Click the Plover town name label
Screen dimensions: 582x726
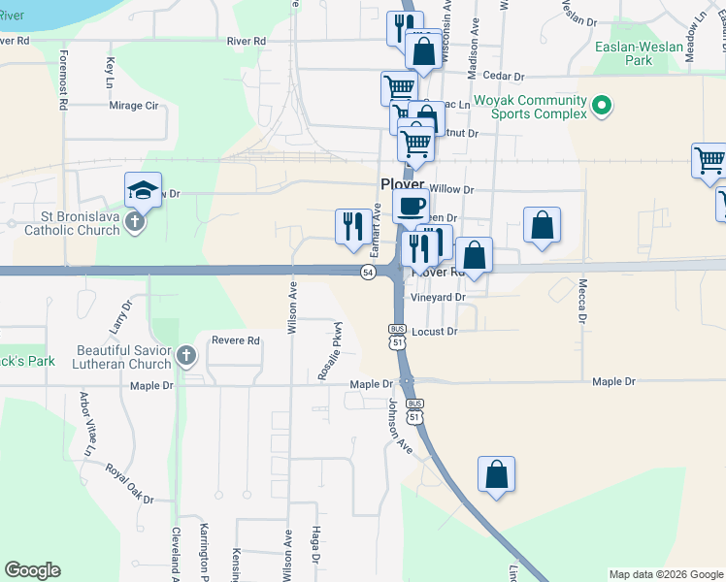click(401, 184)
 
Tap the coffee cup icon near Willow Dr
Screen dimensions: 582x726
click(411, 206)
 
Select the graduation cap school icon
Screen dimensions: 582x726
click(143, 190)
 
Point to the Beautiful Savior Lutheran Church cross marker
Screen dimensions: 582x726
click(186, 356)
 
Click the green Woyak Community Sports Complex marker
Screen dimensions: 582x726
click(602, 107)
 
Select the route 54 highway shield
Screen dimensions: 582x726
click(368, 272)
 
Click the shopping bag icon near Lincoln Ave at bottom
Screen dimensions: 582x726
click(496, 474)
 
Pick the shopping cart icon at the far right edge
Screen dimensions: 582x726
click(709, 160)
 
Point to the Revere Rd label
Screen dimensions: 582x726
click(239, 341)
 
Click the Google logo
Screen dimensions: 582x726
click(33, 570)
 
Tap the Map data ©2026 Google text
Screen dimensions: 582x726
click(666, 574)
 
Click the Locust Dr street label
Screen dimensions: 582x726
click(434, 332)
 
